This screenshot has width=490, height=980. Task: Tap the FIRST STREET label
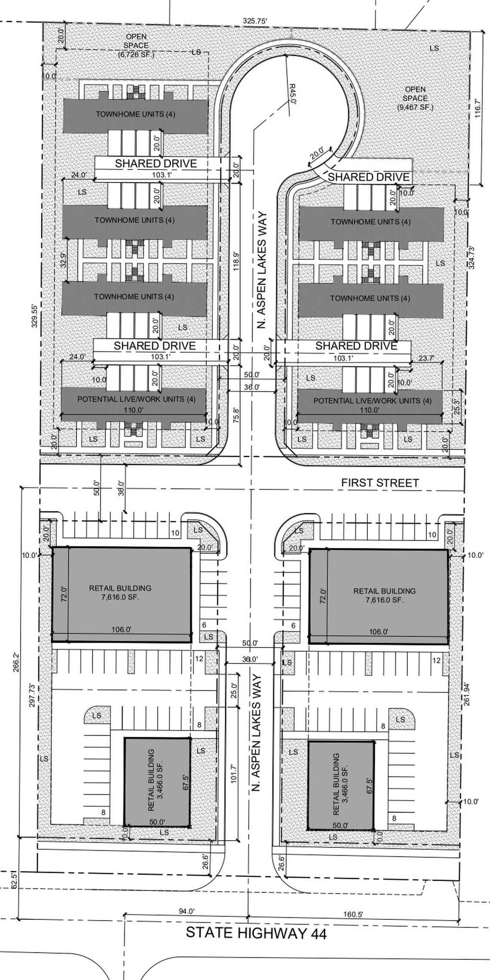click(x=380, y=483)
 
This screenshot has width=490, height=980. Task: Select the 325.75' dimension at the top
click(x=255, y=20)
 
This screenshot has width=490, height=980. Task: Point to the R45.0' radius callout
click(x=292, y=94)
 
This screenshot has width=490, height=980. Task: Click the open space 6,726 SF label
click(x=136, y=46)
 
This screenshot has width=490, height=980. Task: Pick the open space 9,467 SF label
click(x=415, y=98)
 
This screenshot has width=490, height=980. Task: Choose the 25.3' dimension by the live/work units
click(x=456, y=407)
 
